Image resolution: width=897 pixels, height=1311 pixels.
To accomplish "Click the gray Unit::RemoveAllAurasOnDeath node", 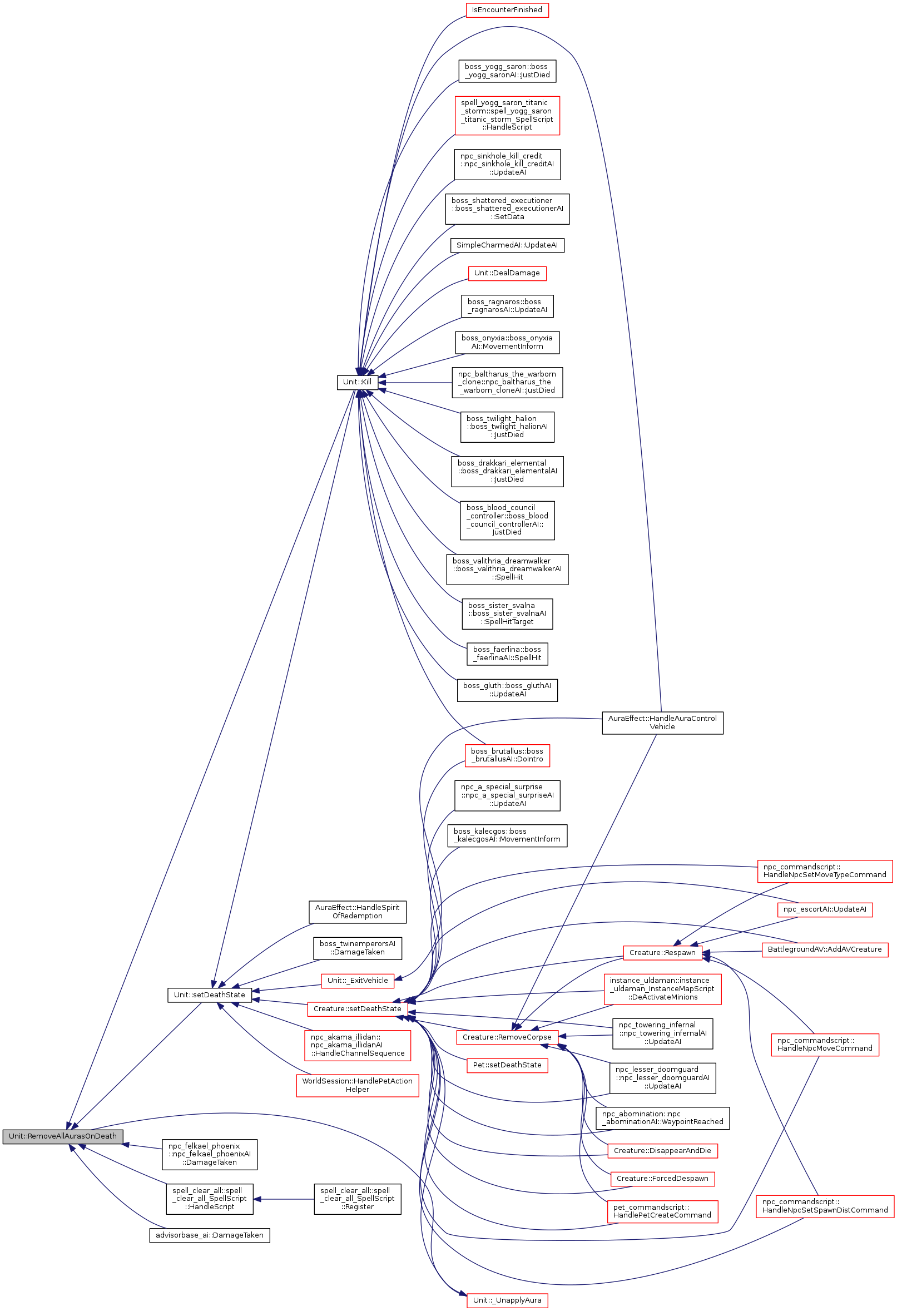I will tap(63, 1136).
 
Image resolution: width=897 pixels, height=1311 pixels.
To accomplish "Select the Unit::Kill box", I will tap(357, 382).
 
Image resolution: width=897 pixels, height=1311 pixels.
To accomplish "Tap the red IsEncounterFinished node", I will tap(507, 10).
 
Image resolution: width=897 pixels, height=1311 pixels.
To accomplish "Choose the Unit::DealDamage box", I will tap(507, 273).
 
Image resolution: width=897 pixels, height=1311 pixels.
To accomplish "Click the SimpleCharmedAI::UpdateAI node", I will tap(507, 245).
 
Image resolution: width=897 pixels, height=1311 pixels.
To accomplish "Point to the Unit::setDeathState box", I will tap(209, 995).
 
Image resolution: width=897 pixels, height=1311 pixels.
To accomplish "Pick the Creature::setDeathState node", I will tap(357, 1008).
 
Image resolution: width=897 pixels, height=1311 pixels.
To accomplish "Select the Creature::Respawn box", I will tap(662, 953).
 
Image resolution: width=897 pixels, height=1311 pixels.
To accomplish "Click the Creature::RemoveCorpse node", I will tap(507, 1037).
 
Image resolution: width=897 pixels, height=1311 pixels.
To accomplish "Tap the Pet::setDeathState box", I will tap(507, 1065).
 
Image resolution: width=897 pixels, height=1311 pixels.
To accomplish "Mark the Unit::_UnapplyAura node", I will tap(507, 1300).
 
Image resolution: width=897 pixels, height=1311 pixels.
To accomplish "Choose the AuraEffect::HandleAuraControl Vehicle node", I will tap(662, 723).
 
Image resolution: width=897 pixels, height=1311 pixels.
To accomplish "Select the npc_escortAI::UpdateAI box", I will tap(824, 909).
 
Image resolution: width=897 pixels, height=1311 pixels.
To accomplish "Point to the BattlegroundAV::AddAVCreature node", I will tap(824, 949).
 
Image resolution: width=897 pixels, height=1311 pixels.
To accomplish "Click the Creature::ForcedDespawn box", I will tap(662, 1179).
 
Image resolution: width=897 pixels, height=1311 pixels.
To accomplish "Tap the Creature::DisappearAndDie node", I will tap(662, 1150).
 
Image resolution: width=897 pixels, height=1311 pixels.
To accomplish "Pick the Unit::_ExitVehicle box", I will tap(357, 981).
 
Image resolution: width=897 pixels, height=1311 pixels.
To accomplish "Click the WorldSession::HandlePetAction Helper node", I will tap(357, 1085).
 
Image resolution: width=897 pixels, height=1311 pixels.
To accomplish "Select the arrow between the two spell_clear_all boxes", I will tap(284, 1199).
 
